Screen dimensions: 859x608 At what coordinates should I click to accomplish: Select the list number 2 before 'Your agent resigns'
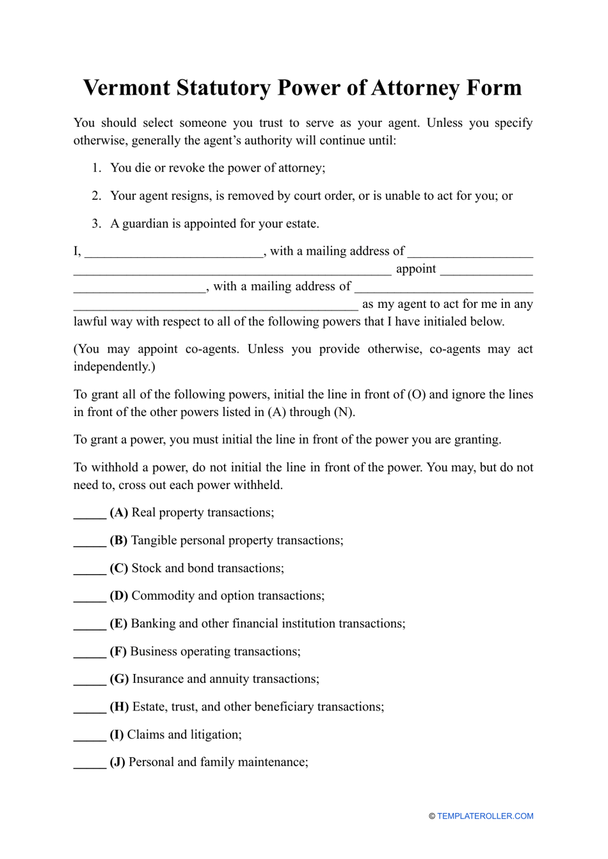[x=97, y=196]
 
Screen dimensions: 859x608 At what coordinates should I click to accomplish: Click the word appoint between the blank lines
[x=416, y=269]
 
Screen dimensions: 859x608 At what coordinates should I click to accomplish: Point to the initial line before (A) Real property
[x=90, y=514]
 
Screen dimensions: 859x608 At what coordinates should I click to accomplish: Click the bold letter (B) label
[x=118, y=541]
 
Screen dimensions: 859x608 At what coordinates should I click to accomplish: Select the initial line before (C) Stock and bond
[x=90, y=570]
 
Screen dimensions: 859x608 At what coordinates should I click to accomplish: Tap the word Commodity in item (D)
[x=163, y=596]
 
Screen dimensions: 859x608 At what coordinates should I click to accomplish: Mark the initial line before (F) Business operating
[x=90, y=653]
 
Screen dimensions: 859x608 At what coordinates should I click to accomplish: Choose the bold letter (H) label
[x=119, y=707]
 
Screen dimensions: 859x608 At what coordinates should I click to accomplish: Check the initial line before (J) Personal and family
[x=90, y=764]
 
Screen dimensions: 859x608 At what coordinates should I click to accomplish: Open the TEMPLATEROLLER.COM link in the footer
[x=485, y=816]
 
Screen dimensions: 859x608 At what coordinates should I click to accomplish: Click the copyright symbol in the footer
[x=432, y=816]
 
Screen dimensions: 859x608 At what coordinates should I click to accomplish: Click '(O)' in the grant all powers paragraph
[x=417, y=395]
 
